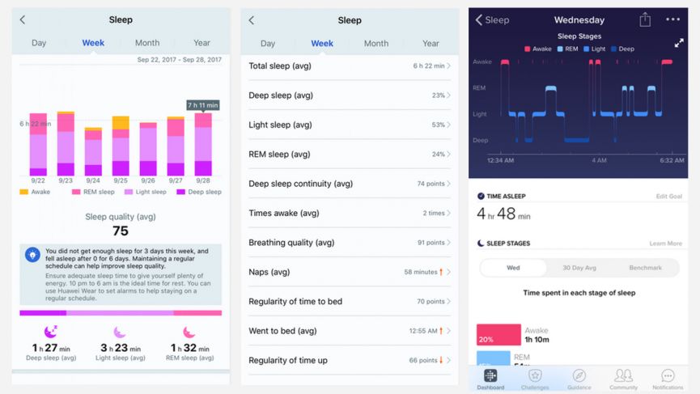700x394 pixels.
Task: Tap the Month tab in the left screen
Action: [147, 43]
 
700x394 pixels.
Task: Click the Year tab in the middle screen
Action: [431, 44]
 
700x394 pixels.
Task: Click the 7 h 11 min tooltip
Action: [203, 105]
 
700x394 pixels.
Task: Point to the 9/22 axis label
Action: [38, 180]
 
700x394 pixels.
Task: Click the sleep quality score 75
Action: [121, 231]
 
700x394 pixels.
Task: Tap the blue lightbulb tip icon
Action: [32, 255]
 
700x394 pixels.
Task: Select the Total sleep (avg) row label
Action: [281, 66]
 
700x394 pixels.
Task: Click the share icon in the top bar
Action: [645, 19]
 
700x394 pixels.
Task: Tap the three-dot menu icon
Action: [672, 19]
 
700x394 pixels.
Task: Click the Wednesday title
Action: [579, 20]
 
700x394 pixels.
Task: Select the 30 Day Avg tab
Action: [579, 268]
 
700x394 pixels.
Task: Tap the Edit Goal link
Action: [668, 197]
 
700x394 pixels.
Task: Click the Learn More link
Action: [665, 244]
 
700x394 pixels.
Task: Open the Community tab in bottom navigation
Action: [623, 379]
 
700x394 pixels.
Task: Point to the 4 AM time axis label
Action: [599, 160]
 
